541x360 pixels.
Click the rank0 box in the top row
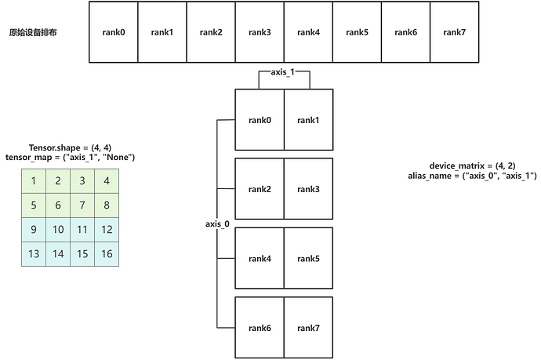coord(114,32)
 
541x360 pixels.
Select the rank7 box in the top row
coord(454,32)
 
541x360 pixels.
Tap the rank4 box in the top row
coord(308,32)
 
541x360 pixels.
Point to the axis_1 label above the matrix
coord(284,73)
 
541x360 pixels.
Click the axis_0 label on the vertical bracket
coord(217,224)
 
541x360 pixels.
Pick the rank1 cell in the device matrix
coord(308,120)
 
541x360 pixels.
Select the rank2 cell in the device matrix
coord(260,189)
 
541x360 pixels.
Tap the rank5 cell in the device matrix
coord(308,258)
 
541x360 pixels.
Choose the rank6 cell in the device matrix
coord(260,327)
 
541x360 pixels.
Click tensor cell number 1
coord(34,182)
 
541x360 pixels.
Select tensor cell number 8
coord(107,205)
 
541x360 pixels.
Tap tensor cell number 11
coord(82,230)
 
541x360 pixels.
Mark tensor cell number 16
coord(107,254)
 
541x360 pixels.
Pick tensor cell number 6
coord(58,205)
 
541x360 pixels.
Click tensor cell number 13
coord(34,254)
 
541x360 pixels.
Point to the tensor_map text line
coord(71,157)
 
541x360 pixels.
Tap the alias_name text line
coord(467,176)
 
